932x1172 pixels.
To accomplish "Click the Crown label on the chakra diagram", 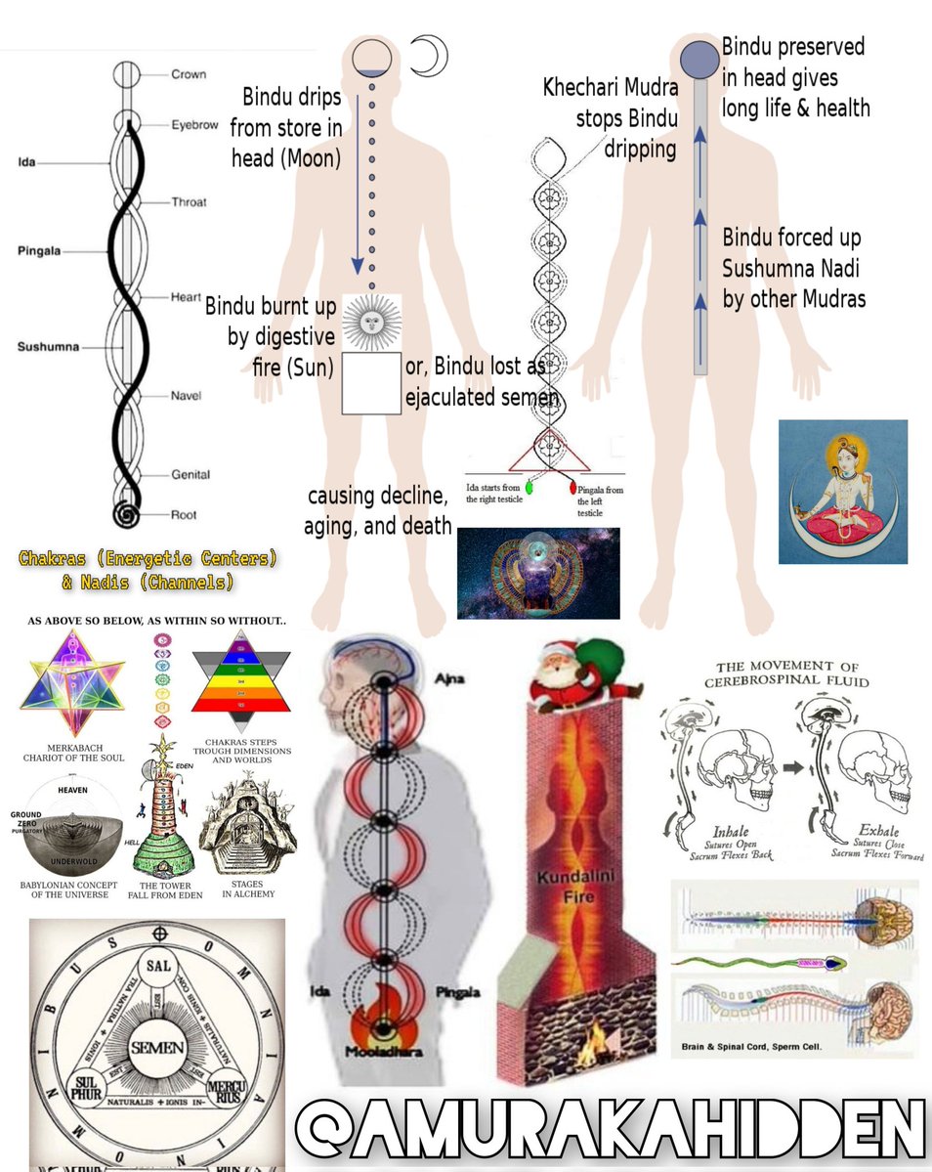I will coord(189,74).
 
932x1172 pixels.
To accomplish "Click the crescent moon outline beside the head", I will coord(428,56).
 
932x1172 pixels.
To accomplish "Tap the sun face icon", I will coord(372,321).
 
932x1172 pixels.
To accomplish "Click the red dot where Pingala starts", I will coord(571,483).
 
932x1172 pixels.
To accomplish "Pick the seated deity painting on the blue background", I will coord(843,492).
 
